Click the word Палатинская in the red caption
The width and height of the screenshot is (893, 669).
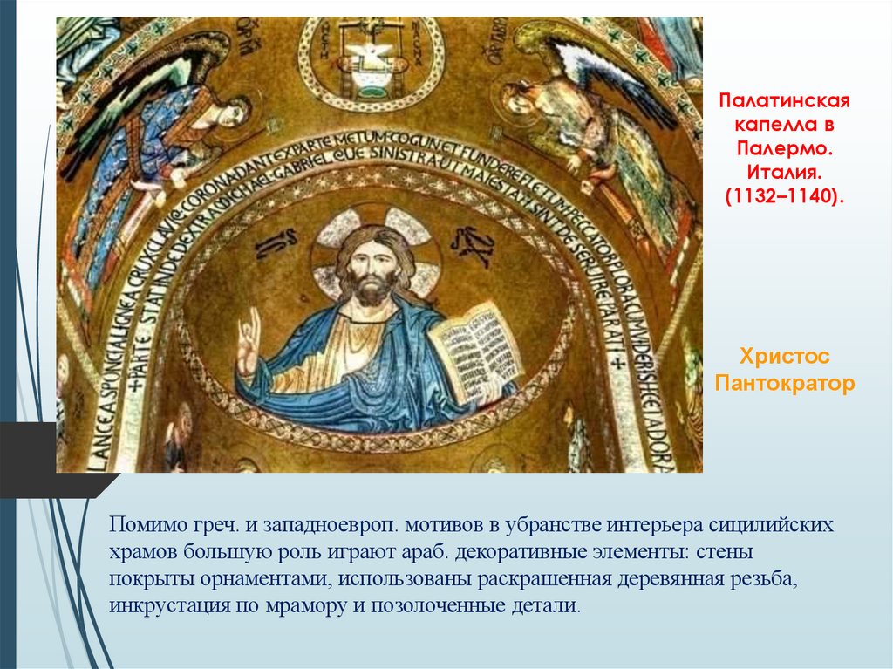tap(784, 101)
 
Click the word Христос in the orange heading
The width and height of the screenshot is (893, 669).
tap(784, 357)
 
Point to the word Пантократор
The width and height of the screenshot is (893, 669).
tap(784, 383)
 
